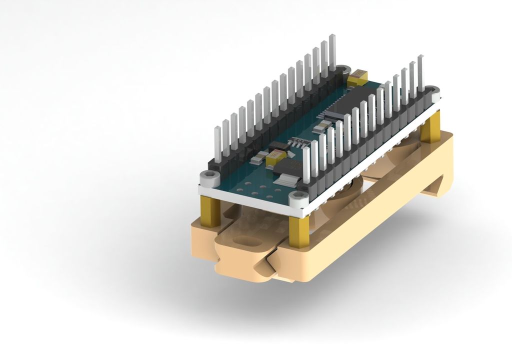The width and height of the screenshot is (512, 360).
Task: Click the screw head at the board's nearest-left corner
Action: [x=209, y=177]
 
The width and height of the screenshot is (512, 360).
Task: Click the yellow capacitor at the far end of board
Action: [x=358, y=76]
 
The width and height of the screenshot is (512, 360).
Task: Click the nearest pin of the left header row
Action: [x=217, y=145]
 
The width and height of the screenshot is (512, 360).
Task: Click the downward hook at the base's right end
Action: [x=440, y=185]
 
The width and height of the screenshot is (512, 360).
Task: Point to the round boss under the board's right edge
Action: [x=345, y=192]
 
